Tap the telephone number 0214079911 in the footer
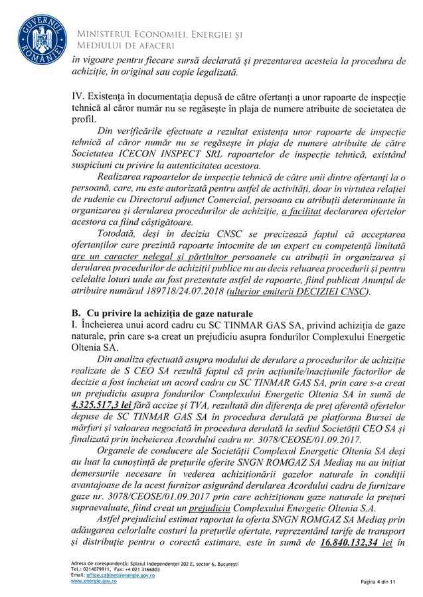click(93, 569)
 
